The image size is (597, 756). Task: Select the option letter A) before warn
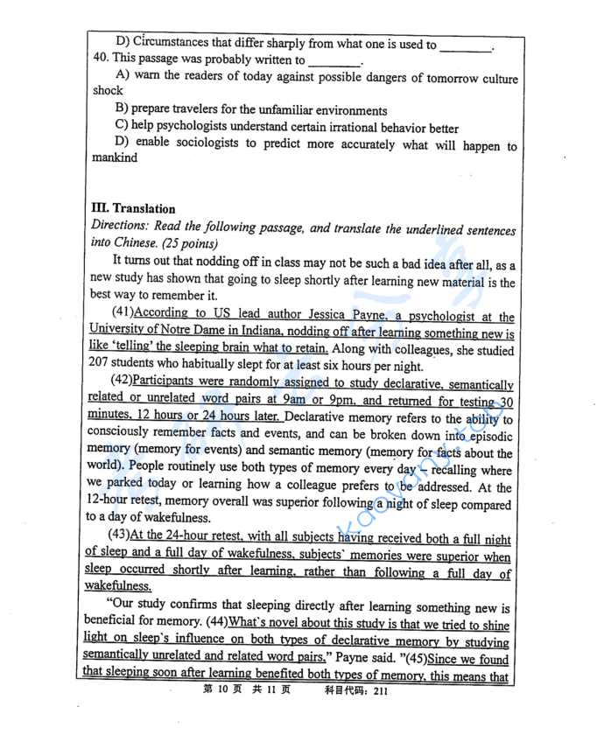point(123,76)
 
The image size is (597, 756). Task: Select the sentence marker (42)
point(123,382)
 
